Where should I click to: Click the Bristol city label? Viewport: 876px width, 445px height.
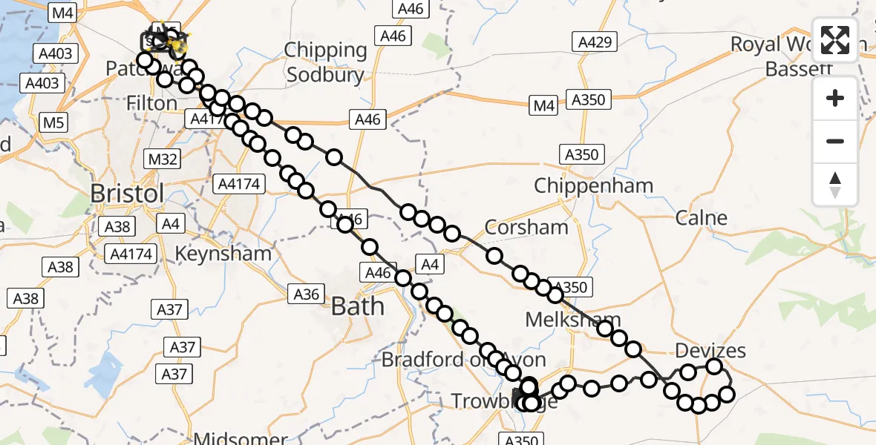(127, 194)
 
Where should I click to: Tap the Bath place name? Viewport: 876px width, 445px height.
(358, 306)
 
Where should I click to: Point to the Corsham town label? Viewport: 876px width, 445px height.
(526, 227)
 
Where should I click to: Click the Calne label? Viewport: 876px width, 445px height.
(702, 218)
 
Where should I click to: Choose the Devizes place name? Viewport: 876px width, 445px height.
(710, 350)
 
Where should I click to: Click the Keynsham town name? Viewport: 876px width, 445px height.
(223, 254)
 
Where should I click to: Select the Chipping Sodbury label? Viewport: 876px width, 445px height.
(327, 62)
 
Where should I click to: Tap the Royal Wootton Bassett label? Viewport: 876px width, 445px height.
(799, 56)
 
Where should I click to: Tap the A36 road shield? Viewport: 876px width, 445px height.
(307, 294)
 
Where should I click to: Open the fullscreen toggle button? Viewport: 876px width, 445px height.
(835, 40)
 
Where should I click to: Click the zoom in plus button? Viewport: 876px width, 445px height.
(835, 98)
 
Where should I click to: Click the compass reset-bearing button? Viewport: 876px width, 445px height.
(835, 184)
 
